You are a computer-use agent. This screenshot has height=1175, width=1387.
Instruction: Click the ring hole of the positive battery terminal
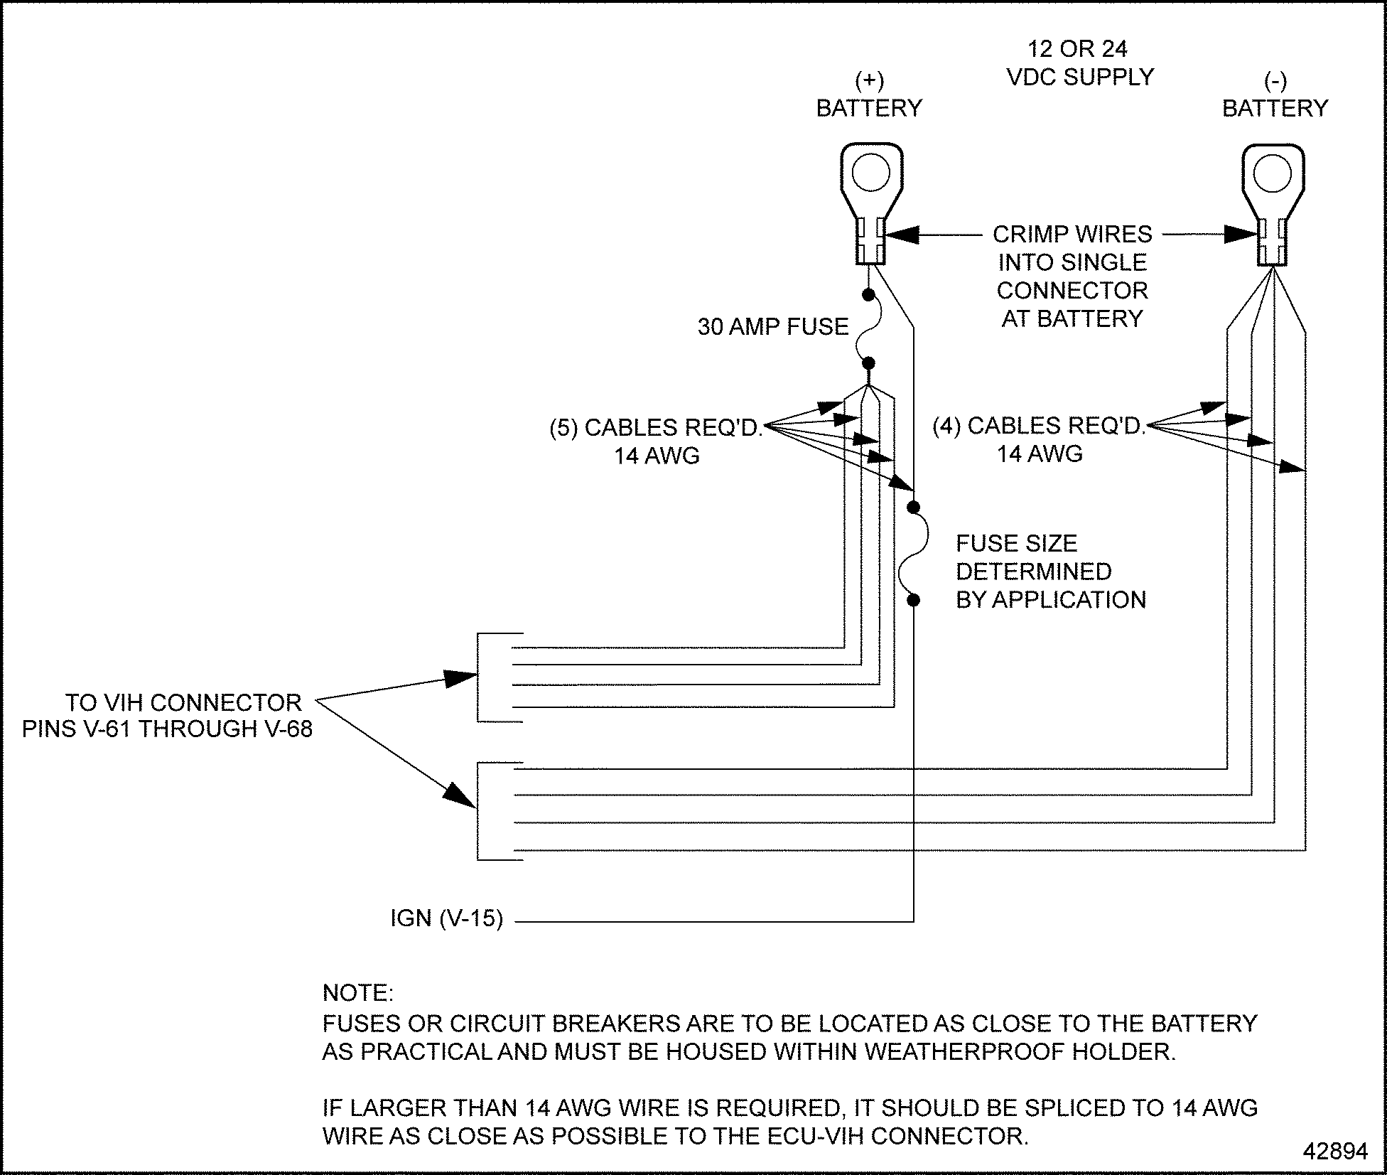(x=871, y=173)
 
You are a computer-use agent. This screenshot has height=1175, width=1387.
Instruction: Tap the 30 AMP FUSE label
(x=773, y=327)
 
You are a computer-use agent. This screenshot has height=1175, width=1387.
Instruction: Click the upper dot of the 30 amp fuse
(x=868, y=294)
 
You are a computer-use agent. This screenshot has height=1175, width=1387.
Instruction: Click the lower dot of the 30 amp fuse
(x=868, y=363)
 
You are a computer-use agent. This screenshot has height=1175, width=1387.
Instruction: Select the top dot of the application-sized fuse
(x=914, y=507)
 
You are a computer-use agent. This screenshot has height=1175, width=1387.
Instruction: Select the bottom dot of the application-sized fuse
(x=914, y=600)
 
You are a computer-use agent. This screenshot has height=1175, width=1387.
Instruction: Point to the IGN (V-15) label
(x=446, y=918)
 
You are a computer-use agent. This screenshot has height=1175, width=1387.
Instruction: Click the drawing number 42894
(x=1335, y=1151)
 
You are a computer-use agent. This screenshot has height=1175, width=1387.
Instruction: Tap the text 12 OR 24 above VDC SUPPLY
(x=1077, y=48)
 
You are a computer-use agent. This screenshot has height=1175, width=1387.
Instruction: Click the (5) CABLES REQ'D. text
(x=655, y=427)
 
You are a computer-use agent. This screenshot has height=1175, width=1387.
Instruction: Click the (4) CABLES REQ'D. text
(x=1038, y=425)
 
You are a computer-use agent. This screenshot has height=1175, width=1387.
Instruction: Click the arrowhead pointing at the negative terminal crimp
(x=1241, y=234)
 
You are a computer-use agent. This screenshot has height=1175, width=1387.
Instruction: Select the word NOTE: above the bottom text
(x=357, y=992)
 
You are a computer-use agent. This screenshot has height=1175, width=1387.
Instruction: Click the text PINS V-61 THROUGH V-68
(x=167, y=729)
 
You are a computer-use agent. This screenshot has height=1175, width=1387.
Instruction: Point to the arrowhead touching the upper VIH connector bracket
(x=460, y=678)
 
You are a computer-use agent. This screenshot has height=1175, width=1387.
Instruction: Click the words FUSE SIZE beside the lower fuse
(x=1016, y=544)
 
